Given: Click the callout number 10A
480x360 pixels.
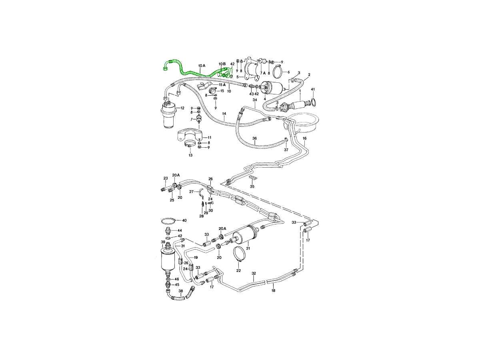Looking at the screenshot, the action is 202,65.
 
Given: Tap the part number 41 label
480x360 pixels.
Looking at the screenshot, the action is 313,89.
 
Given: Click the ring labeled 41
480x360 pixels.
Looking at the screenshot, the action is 313,102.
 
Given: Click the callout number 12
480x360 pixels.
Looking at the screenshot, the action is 182,108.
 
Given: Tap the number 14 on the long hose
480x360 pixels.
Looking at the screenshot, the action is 224,114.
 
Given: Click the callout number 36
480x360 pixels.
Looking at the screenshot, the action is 254,138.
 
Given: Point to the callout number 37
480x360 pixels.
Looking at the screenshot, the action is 286,150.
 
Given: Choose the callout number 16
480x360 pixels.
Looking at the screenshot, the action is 305,138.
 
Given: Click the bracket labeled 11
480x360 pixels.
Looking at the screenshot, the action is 190,136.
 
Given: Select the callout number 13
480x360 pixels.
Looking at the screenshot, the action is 190,155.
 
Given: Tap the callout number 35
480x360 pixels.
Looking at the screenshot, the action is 252,186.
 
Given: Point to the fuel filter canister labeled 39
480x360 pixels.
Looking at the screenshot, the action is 168,260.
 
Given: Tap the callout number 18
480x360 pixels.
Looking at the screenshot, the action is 273,290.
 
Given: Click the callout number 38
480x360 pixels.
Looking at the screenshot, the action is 181,291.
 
